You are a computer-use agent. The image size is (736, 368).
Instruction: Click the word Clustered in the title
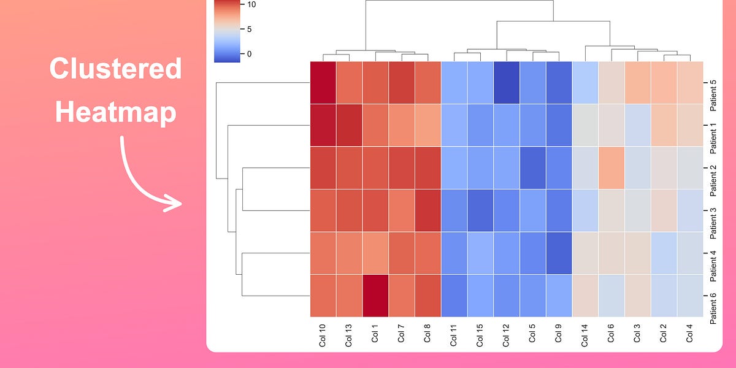click(x=115, y=69)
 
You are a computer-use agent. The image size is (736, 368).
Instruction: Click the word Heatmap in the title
click(x=115, y=113)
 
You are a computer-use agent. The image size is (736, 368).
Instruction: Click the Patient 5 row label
click(x=712, y=93)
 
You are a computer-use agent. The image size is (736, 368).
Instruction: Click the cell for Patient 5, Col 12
click(x=507, y=82)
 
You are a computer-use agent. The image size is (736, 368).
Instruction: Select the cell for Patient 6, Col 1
click(x=375, y=295)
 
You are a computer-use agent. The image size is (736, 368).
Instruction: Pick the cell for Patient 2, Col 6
click(x=611, y=167)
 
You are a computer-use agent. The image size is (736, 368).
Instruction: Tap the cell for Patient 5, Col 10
click(x=323, y=82)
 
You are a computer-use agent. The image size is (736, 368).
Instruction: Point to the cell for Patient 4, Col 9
click(x=559, y=253)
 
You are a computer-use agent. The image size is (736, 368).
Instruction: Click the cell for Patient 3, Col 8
click(x=427, y=210)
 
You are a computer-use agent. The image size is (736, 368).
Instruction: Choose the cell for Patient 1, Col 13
click(x=349, y=125)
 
